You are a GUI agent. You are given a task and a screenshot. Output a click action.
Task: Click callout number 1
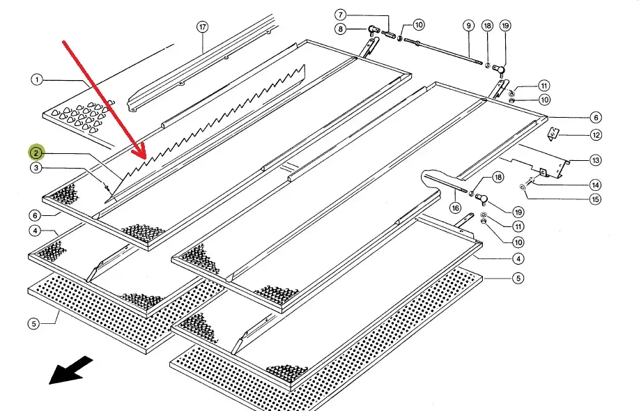click(x=37, y=79)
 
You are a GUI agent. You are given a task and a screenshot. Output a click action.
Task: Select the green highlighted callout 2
click(x=36, y=153)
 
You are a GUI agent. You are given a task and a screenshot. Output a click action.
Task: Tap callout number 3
click(x=36, y=167)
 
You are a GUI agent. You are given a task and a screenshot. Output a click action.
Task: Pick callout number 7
click(x=341, y=15)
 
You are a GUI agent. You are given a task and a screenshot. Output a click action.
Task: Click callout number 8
click(x=340, y=29)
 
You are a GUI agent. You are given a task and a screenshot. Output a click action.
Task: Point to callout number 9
click(x=469, y=26)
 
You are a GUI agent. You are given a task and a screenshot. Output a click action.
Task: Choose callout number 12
click(x=596, y=135)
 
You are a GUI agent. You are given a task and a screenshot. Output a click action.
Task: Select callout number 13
click(x=595, y=160)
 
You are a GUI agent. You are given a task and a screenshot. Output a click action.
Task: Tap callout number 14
click(x=595, y=185)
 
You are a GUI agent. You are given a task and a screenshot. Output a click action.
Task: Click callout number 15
click(x=595, y=199)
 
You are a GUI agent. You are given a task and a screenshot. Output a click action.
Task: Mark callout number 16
click(x=455, y=208)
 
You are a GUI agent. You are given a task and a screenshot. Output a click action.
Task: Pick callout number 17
click(x=203, y=27)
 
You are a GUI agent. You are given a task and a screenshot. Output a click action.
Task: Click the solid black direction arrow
click(x=70, y=370)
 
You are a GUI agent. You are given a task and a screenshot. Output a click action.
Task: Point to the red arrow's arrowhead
click(x=140, y=153)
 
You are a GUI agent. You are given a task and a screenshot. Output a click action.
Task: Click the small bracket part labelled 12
click(x=553, y=134)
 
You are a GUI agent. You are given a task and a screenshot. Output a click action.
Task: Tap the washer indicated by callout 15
click(x=523, y=187)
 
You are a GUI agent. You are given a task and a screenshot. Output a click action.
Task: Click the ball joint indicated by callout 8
click(x=373, y=30)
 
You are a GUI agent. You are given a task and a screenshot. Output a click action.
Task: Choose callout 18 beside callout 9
click(x=487, y=26)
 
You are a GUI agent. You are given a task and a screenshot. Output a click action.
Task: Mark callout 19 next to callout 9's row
click(x=505, y=26)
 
